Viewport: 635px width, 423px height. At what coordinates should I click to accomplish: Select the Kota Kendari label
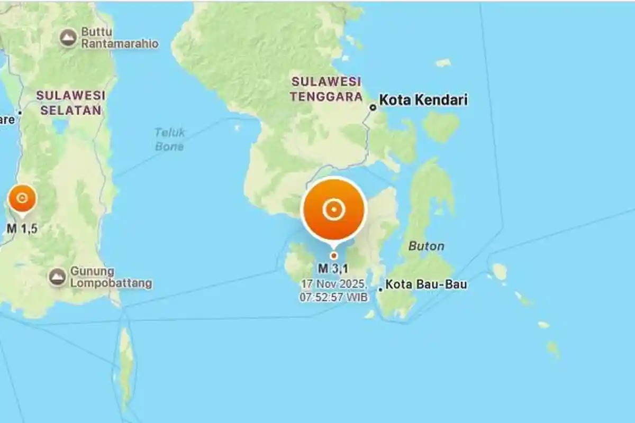tap(423, 100)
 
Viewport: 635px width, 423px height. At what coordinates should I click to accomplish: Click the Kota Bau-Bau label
tap(426, 284)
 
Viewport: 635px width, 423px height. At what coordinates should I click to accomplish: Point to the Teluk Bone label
tap(169, 139)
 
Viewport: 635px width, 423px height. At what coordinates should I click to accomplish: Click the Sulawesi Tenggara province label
tap(326, 89)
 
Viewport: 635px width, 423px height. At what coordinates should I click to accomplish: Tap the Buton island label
tap(426, 246)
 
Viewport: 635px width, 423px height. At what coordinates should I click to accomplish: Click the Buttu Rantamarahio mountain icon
tap(68, 38)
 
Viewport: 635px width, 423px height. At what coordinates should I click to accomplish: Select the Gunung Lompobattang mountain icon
tap(57, 277)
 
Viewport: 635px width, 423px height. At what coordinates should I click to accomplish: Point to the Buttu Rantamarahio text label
tap(119, 38)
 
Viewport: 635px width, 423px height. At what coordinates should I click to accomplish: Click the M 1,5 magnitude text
tap(22, 228)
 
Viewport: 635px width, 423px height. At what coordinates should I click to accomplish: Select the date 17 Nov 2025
tap(333, 284)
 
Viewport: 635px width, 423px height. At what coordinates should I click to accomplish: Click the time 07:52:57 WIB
tap(333, 297)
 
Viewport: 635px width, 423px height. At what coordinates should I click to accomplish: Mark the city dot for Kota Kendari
tap(373, 107)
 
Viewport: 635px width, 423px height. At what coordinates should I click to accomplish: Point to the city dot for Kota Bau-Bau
tap(380, 289)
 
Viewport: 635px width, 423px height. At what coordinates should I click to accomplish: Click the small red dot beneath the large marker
tap(333, 255)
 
